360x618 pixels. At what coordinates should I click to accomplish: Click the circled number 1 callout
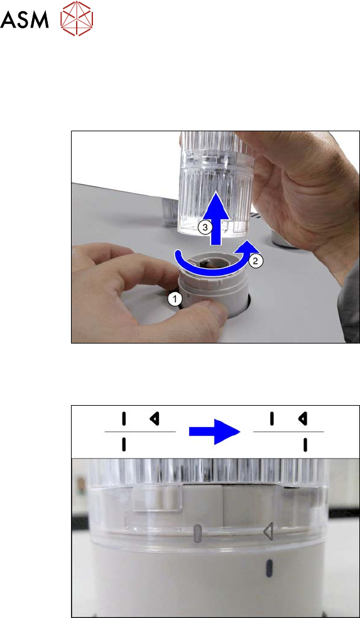pyautogui.click(x=175, y=300)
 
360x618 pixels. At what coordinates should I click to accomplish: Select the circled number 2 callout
pyautogui.click(x=254, y=261)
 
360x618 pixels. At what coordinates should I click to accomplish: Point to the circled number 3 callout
pyautogui.click(x=204, y=227)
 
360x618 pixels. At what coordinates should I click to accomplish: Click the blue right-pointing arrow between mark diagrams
pyautogui.click(x=215, y=432)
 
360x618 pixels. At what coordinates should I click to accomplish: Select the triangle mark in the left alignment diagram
pyautogui.click(x=155, y=418)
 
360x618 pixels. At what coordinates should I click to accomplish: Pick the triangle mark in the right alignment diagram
pyautogui.click(x=303, y=418)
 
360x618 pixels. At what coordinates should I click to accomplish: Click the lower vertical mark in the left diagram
pyautogui.click(x=124, y=445)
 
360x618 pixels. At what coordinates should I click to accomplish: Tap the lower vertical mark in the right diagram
pyautogui.click(x=305, y=445)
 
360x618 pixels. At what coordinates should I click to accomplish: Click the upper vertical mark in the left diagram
pyautogui.click(x=124, y=418)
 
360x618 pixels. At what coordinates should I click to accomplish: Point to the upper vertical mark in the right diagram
pyautogui.click(x=271, y=418)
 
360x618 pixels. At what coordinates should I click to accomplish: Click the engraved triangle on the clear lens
pyautogui.click(x=268, y=532)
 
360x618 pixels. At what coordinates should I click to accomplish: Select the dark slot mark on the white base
pyautogui.click(x=270, y=568)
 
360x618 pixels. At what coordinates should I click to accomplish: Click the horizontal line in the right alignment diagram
pyautogui.click(x=288, y=432)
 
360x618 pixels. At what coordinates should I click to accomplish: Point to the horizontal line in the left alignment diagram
pyautogui.click(x=140, y=432)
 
